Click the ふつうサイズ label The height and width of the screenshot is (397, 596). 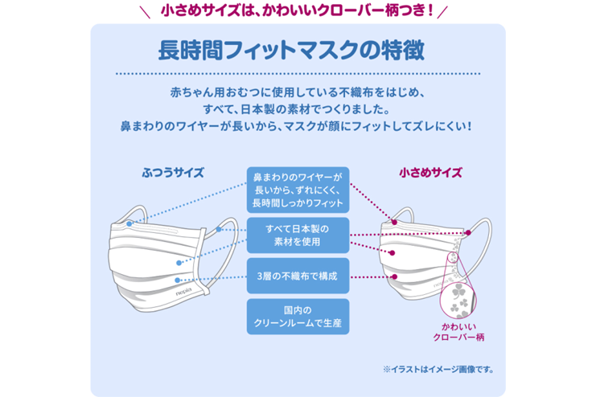(172, 172)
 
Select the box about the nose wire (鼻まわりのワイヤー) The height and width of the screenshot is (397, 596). (298, 190)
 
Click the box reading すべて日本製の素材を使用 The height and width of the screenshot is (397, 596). (298, 235)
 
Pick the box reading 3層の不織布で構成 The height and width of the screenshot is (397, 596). (298, 276)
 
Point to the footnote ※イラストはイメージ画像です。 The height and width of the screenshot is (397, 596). (438, 370)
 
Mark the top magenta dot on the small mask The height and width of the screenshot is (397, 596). (395, 221)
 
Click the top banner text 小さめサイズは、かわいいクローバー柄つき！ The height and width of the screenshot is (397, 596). (298, 10)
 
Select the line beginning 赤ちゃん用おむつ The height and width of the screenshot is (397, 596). (298, 91)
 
